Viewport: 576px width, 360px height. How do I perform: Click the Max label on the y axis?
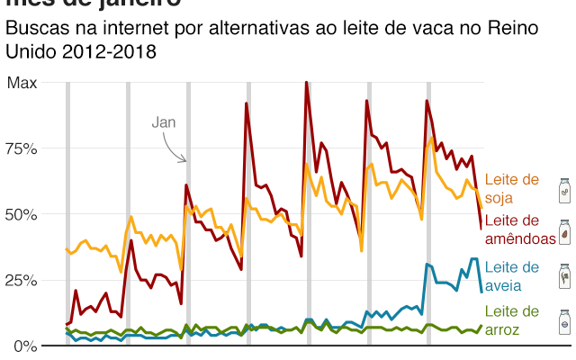click(22, 83)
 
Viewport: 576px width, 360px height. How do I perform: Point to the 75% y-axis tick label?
click(22, 148)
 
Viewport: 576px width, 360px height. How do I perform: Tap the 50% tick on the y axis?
click(22, 214)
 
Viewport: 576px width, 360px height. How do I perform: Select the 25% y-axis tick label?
click(22, 280)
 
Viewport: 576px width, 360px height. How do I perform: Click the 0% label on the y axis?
click(26, 346)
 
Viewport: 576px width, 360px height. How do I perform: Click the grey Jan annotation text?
click(163, 121)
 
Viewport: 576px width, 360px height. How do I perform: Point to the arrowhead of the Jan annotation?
click(184, 161)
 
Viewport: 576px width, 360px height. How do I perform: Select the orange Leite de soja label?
click(511, 189)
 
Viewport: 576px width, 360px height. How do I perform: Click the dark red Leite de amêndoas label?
click(519, 229)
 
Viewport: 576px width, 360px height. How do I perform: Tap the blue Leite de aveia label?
click(511, 276)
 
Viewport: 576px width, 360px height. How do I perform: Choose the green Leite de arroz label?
click(511, 319)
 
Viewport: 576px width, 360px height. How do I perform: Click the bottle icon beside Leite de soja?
click(563, 190)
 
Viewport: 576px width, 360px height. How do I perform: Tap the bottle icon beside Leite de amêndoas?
click(563, 232)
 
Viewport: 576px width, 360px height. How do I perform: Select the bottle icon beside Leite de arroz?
click(563, 319)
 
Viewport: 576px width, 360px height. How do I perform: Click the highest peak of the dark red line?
click(307, 83)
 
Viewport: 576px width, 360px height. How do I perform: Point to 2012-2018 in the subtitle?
click(105, 51)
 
